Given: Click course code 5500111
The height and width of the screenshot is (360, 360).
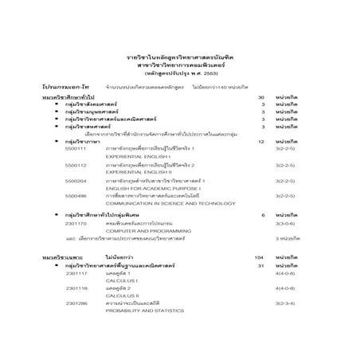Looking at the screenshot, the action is tap(76, 149).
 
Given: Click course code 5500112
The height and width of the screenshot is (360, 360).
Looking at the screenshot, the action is tap(76, 165).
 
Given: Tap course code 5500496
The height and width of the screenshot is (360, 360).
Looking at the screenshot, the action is tap(76, 196).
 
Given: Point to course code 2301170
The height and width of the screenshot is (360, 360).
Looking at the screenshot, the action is tap(76, 225).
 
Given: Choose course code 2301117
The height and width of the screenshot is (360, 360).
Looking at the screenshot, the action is tap(76, 273).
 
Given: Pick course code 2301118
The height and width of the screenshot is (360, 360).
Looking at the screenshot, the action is tap(76, 288).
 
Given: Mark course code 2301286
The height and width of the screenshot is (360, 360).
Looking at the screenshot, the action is tap(76, 303).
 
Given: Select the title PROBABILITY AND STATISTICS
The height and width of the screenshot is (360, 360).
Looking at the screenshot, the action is tap(139, 311).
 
